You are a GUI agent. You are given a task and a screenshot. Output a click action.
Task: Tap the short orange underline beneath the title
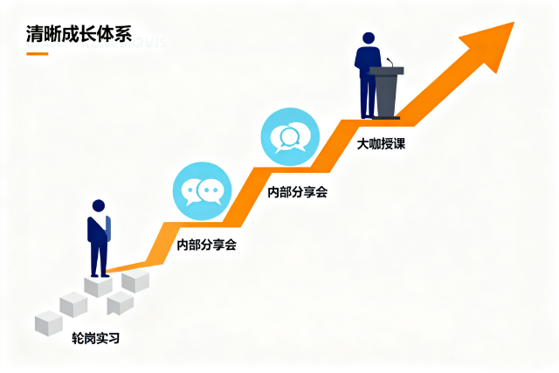(38, 53)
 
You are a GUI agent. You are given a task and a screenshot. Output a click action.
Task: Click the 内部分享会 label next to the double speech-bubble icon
(207, 245)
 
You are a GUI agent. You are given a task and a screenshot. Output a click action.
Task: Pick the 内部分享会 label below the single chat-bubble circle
(297, 191)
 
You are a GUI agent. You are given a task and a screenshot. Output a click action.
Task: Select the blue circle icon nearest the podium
(289, 136)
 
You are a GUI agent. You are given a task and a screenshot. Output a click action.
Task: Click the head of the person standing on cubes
(99, 206)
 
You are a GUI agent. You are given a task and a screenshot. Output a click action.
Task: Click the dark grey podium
(387, 91)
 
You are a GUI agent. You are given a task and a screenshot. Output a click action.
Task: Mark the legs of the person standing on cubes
(99, 259)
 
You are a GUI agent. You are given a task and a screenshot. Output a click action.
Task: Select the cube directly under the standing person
(99, 285)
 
